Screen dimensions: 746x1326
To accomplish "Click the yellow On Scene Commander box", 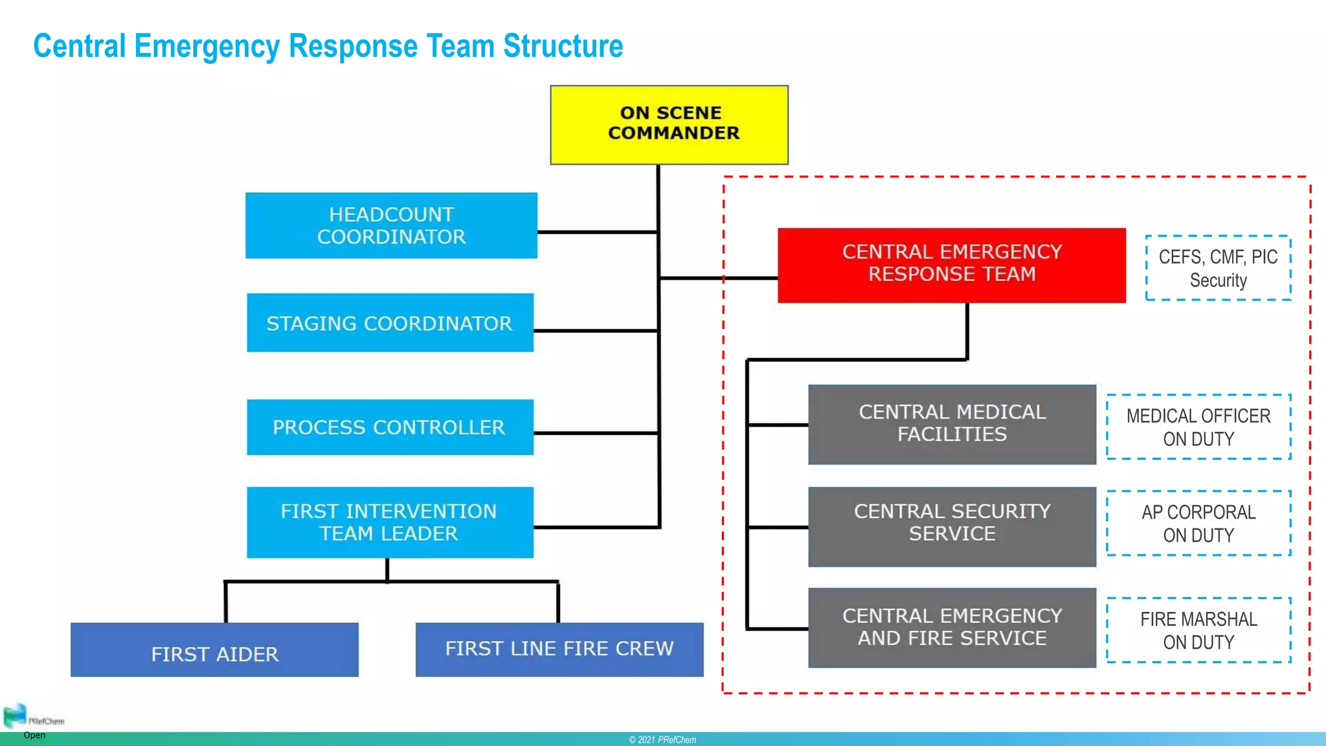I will click(669, 124).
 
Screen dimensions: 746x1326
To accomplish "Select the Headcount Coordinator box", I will click(391, 225).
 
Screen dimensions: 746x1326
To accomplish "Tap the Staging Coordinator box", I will click(390, 322).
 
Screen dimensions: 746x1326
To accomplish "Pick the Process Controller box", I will click(390, 427).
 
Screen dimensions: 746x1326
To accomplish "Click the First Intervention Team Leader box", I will click(390, 522).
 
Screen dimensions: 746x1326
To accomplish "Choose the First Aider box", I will click(214, 650).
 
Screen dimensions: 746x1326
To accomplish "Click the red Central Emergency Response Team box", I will click(951, 264).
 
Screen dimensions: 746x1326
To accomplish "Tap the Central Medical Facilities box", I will click(952, 424).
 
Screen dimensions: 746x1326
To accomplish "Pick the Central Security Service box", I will click(952, 526).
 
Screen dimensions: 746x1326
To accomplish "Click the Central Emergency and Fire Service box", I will click(952, 627).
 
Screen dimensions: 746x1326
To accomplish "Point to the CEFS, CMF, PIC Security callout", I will click(1218, 268).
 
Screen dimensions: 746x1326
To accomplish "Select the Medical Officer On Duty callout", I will click(1198, 427).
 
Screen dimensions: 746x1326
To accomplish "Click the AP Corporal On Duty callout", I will click(1198, 523).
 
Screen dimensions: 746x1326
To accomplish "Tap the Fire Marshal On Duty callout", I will click(1198, 630).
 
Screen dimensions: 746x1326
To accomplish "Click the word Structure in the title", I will click(563, 46).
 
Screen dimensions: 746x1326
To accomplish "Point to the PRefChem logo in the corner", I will click(16, 716).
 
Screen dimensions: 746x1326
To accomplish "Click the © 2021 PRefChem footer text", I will click(662, 740).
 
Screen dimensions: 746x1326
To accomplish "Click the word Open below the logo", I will click(34, 735).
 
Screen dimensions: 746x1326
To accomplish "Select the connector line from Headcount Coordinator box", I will click(597, 232).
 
